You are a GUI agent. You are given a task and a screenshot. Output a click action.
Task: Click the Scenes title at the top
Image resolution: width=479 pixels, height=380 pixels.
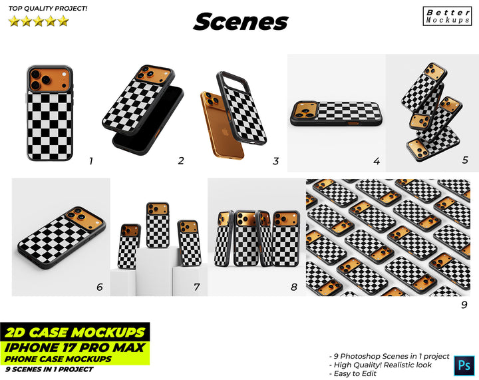pyautogui.click(x=241, y=21)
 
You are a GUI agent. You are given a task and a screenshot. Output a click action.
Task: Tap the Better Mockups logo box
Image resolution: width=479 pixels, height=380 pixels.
pyautogui.click(x=447, y=16)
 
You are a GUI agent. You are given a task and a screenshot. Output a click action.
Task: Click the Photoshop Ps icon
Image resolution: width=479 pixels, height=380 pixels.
pyautogui.click(x=464, y=365)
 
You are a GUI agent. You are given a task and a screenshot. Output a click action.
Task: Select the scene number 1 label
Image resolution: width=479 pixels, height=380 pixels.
pyautogui.click(x=90, y=161)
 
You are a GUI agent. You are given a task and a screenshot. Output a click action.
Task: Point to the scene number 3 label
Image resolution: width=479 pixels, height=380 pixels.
pyautogui.click(x=276, y=161)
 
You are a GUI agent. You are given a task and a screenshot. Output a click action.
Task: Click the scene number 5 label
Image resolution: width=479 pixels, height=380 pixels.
pyautogui.click(x=465, y=160)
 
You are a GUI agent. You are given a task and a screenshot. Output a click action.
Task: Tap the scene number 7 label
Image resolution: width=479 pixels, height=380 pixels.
pyautogui.click(x=197, y=287)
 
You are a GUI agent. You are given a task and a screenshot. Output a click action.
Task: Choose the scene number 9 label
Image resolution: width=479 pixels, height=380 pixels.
pyautogui.click(x=464, y=305)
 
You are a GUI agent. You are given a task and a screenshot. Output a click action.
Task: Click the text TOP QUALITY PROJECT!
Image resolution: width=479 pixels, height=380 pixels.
pyautogui.click(x=48, y=9)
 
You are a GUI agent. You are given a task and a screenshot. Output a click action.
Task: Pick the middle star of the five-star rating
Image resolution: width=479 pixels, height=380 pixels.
pyautogui.click(x=39, y=21)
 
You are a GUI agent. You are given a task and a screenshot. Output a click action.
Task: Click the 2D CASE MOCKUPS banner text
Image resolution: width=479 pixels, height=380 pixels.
pyautogui.click(x=75, y=332)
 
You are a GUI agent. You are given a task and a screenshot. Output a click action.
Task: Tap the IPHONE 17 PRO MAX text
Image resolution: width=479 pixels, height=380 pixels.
pyautogui.click(x=75, y=347)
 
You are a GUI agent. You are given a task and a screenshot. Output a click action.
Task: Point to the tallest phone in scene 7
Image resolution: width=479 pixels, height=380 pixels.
pyautogui.click(x=158, y=225)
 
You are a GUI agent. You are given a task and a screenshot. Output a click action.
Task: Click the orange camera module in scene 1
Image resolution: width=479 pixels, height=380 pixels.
pyautogui.click(x=50, y=79)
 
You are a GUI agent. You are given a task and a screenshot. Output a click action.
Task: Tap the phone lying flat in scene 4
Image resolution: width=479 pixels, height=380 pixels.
pyautogui.click(x=336, y=114)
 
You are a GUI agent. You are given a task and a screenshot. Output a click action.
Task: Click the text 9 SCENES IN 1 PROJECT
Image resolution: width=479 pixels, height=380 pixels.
pyautogui.click(x=49, y=369)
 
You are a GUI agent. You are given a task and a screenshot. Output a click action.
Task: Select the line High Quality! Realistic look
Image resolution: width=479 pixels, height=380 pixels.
pyautogui.click(x=381, y=365)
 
